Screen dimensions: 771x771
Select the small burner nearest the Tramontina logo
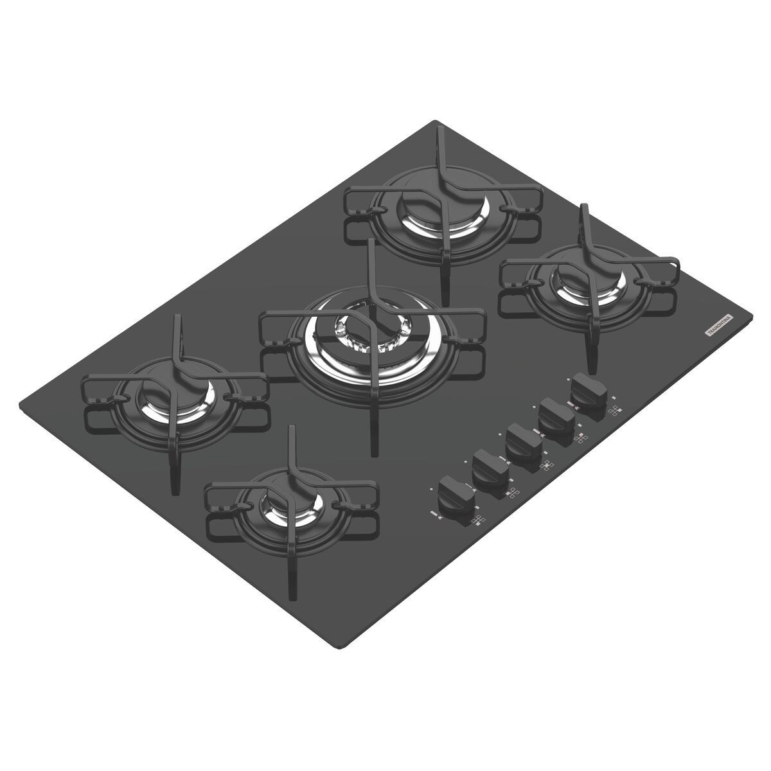[586, 280]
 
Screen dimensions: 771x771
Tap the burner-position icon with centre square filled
[547, 466]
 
